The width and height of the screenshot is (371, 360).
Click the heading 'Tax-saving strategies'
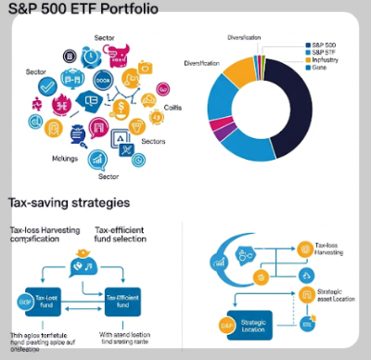pos(69,201)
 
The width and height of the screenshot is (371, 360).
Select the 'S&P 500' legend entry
pos(325,45)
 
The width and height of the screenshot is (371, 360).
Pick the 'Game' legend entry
pos(321,68)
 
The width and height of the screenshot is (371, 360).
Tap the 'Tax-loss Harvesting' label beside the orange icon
pos(330,251)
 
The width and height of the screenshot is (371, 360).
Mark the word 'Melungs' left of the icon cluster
pos(38,159)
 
